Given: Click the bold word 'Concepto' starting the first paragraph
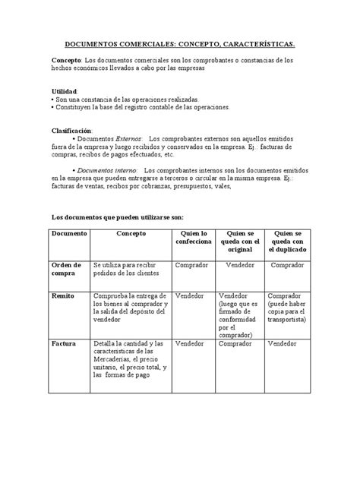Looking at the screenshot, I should [x=67, y=60].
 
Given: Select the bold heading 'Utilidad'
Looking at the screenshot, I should [x=64, y=91].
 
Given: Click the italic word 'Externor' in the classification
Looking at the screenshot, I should [x=126, y=140].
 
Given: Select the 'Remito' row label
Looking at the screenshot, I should [x=63, y=295].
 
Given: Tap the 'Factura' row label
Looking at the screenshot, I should [x=64, y=343].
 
